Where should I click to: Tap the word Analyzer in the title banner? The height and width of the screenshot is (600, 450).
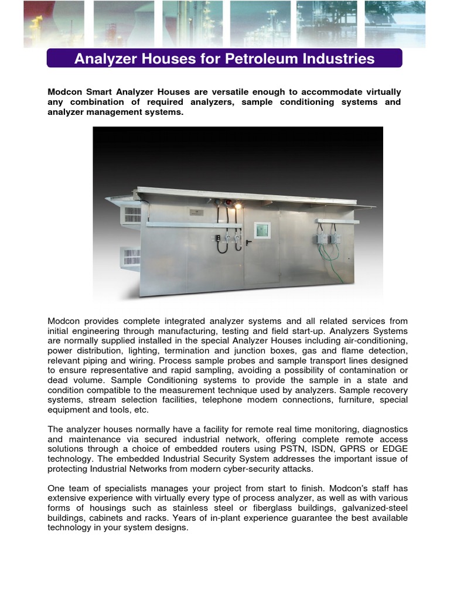coord(104,59)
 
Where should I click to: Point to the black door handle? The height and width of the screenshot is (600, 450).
coord(248,241)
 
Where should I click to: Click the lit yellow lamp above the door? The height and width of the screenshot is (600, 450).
coord(238,206)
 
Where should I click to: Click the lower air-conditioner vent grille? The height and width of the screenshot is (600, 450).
coord(131,256)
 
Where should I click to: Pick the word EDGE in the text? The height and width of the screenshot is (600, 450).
coord(395,449)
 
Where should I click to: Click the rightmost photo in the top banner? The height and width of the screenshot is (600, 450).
coord(395,23)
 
